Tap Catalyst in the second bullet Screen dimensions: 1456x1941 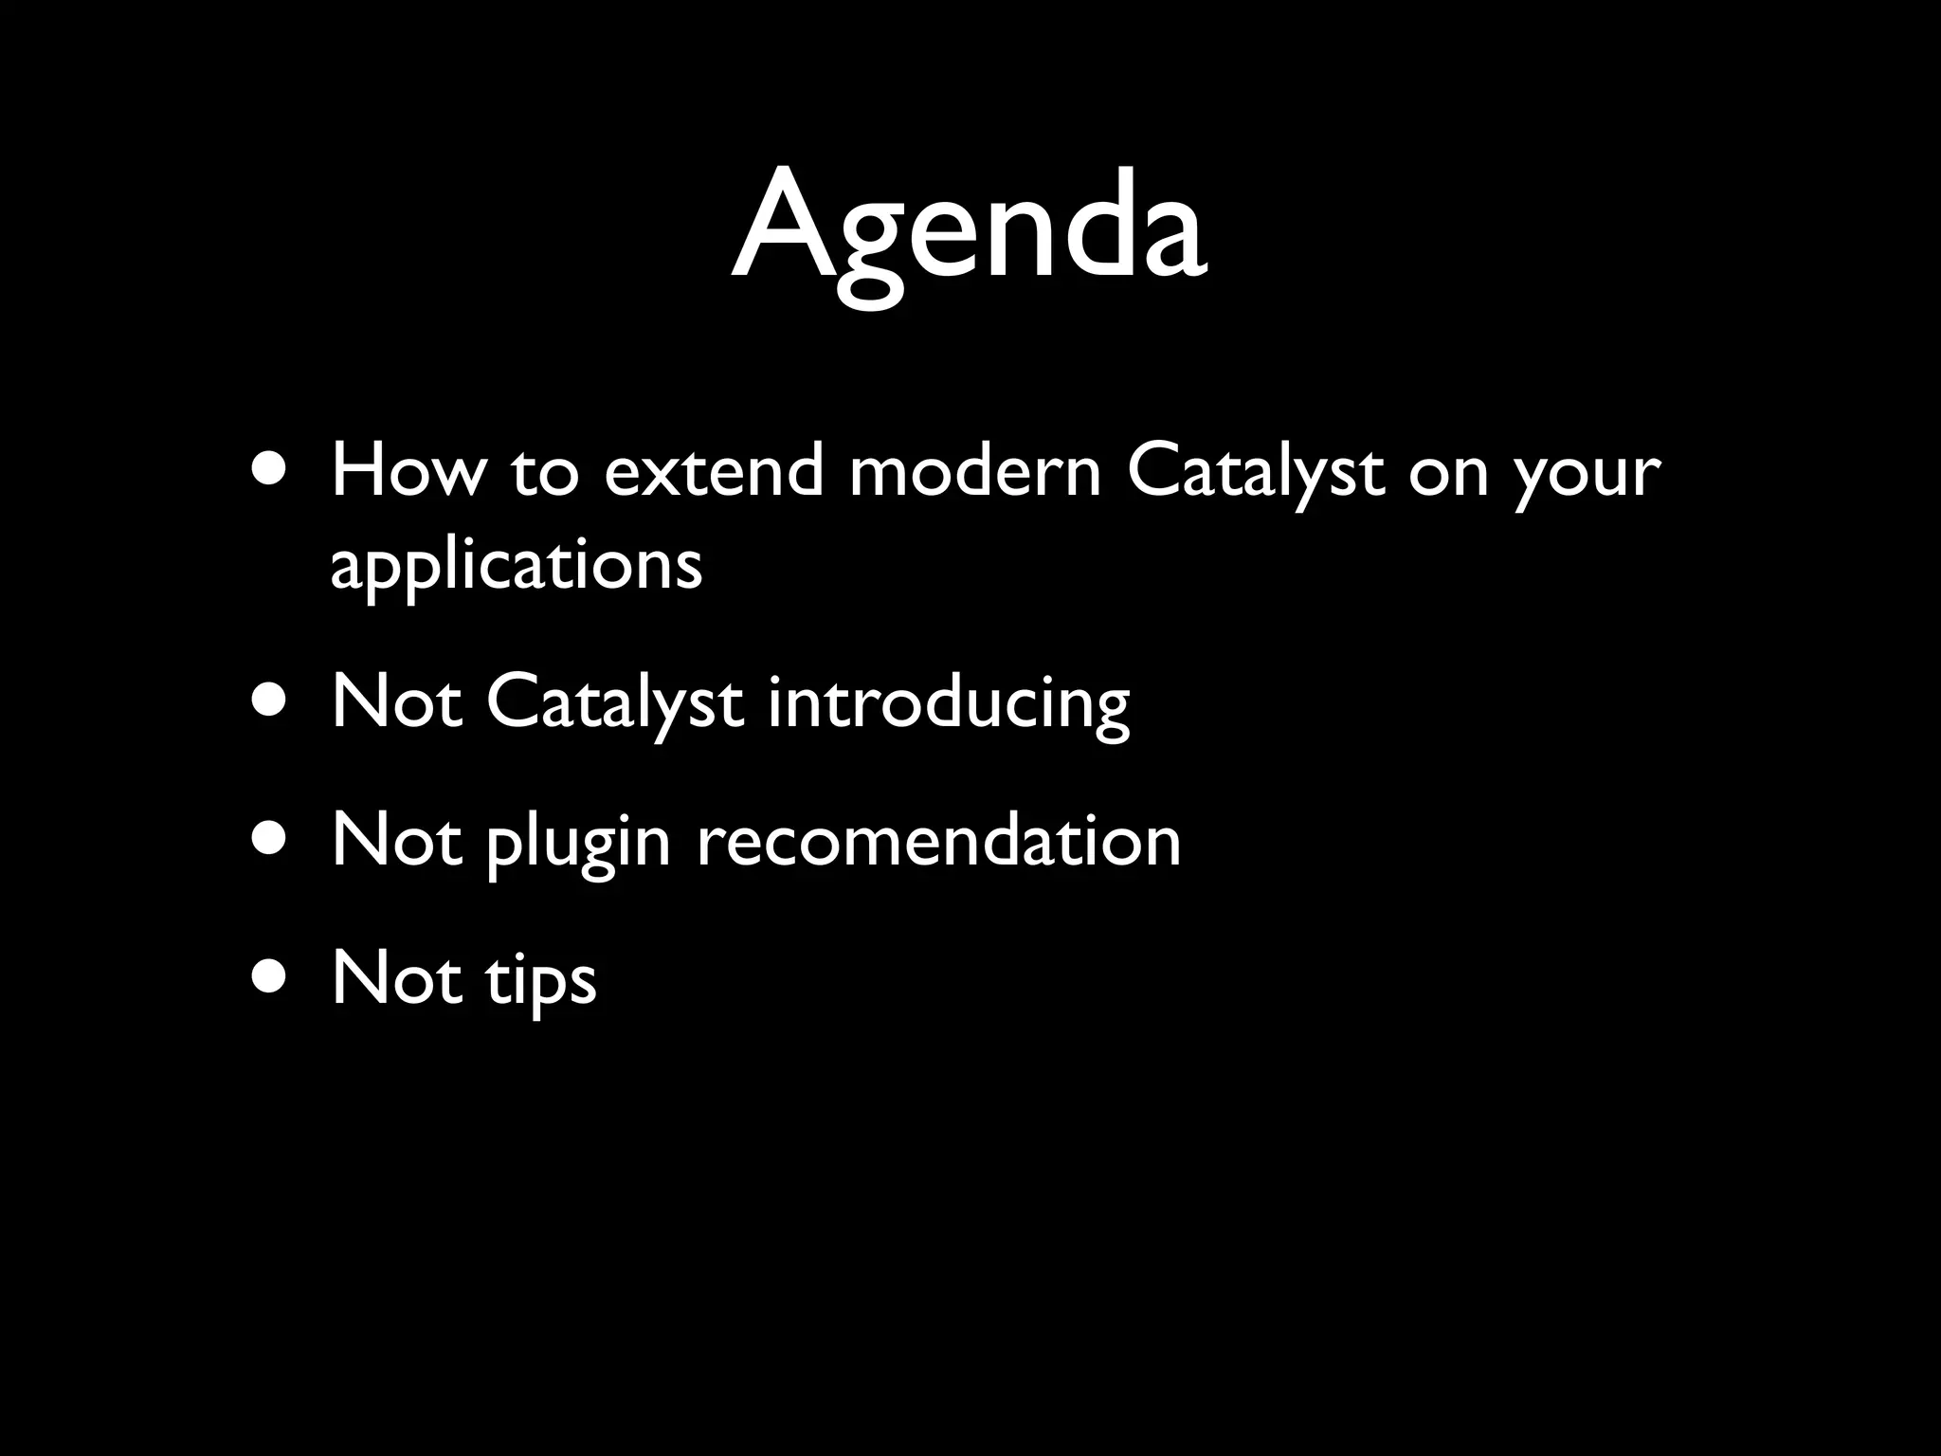click(614, 703)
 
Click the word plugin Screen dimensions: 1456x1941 click(578, 842)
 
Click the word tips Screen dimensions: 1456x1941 click(541, 980)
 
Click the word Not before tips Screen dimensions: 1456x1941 click(397, 978)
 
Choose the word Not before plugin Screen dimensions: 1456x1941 click(397, 840)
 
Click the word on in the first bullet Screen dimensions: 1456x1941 click(1448, 472)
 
